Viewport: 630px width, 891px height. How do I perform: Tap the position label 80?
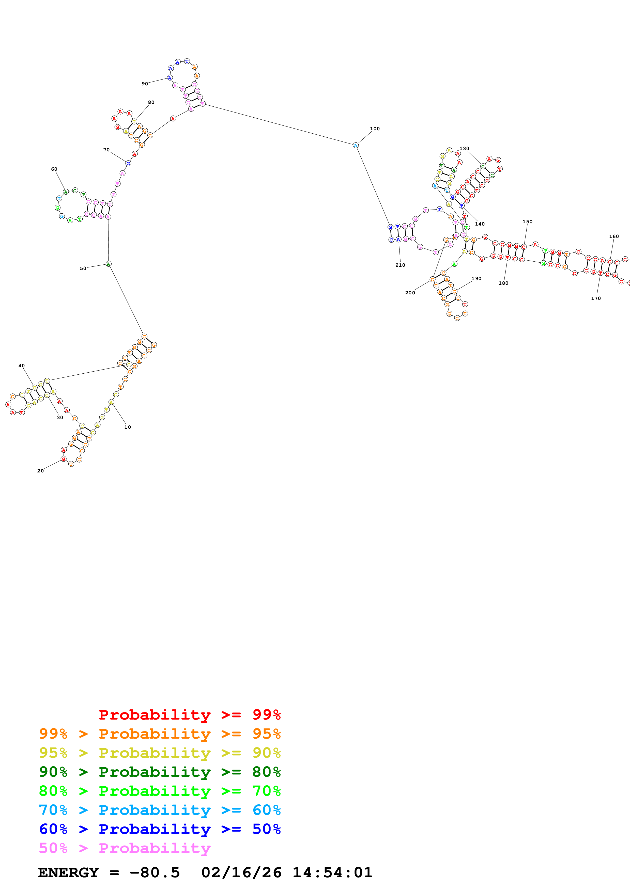coord(151,102)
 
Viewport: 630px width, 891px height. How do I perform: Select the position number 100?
coord(375,129)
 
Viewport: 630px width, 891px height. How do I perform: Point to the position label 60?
coord(54,169)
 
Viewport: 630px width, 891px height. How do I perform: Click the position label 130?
coord(464,149)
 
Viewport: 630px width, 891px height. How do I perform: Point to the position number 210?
coord(400,265)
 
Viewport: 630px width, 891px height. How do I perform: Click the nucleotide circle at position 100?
coord(356,146)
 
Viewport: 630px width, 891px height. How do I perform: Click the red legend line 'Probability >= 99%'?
coord(189,715)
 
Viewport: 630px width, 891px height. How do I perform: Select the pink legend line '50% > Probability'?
coord(125,848)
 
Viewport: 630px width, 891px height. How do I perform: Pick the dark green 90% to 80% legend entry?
coord(160,772)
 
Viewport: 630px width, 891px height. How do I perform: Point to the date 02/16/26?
coord(241,873)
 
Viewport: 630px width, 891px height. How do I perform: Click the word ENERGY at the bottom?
coord(68,873)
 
